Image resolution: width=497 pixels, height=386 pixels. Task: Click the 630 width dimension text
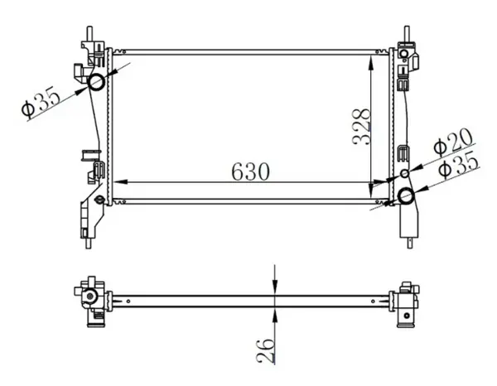point(250,171)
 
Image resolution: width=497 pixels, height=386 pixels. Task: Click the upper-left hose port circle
point(94,81)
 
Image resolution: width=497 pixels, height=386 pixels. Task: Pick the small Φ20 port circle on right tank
point(405,174)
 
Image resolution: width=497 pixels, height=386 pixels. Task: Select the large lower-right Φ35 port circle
point(407,196)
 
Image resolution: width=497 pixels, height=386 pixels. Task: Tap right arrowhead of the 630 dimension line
point(384,182)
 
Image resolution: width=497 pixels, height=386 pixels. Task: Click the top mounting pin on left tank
point(89,31)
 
